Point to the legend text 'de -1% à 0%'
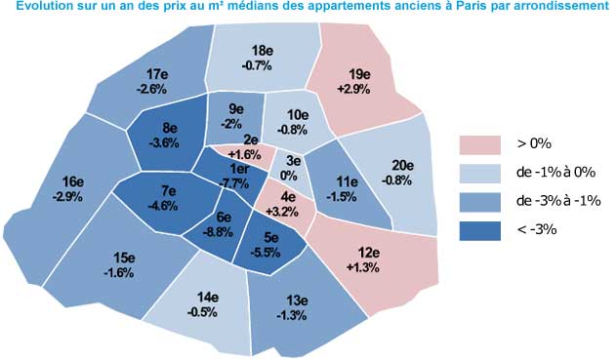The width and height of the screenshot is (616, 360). pyautogui.click(x=554, y=173)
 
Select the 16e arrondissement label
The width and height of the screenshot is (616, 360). pyautogui.click(x=72, y=182)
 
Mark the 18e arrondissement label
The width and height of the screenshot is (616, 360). pyautogui.click(x=262, y=51)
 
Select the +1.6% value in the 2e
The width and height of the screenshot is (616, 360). pyautogui.click(x=250, y=153)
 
